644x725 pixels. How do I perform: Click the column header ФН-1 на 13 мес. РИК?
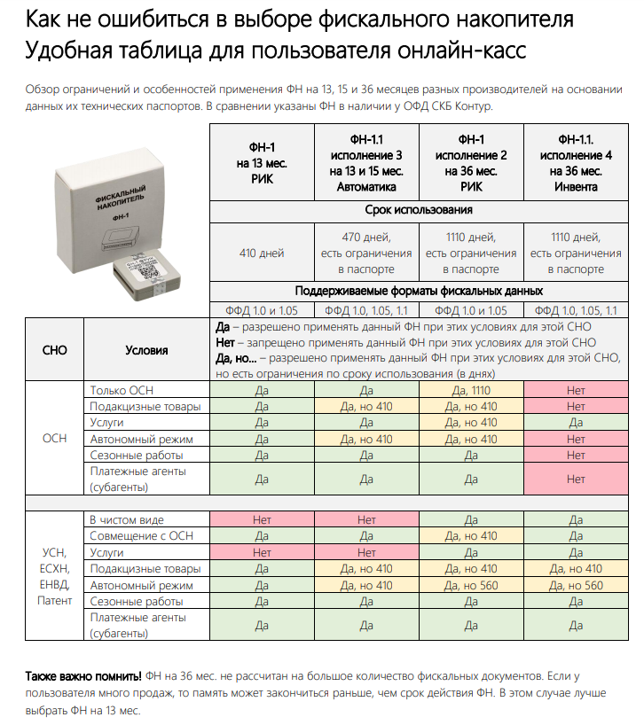(x=262, y=163)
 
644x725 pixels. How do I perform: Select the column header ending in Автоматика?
(x=366, y=163)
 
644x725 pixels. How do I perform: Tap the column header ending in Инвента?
(x=576, y=163)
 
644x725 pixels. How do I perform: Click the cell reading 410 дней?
(x=262, y=253)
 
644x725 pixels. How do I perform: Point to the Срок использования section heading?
(x=419, y=211)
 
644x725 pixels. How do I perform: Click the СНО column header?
(x=55, y=350)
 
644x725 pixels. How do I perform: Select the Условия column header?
(x=146, y=350)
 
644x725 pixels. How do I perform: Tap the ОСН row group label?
(x=55, y=439)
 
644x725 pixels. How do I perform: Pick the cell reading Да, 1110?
(x=471, y=391)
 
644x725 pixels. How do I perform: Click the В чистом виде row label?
(x=127, y=519)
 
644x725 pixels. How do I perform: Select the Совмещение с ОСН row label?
(x=141, y=536)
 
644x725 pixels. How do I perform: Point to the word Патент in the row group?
(x=55, y=601)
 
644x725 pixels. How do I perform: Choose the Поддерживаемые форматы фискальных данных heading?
(x=419, y=291)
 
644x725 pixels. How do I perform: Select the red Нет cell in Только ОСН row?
(x=576, y=391)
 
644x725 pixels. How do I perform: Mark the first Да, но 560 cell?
(x=471, y=585)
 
